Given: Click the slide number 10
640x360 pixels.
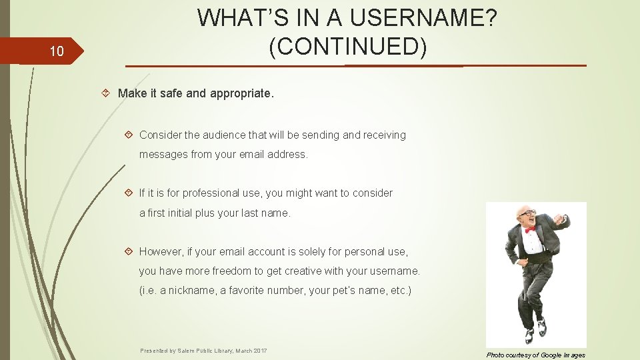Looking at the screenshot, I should pos(57,51).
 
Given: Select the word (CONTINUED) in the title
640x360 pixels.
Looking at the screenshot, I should pos(347,46).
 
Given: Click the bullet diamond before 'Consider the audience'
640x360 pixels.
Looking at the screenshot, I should pos(129,135).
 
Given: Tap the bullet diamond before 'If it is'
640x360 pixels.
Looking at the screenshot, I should pos(129,193).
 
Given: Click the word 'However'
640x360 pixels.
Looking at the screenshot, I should pos(162,251).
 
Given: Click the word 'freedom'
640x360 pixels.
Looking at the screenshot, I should pos(231,271).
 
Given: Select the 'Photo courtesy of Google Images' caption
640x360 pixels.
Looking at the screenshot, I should pos(536,355).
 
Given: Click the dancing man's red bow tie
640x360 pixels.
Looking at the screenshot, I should pos(530,229).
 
